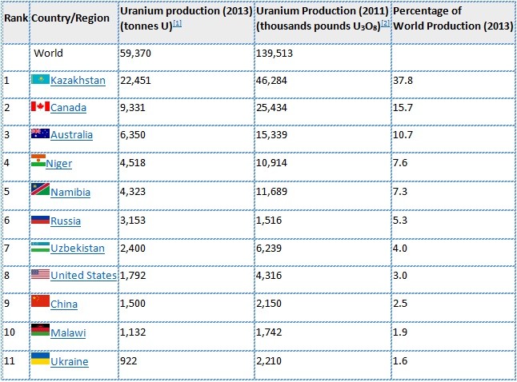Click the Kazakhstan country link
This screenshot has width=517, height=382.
coord(78,80)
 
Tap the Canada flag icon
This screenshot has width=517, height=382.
coord(40,107)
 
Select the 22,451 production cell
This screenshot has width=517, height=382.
coord(137,80)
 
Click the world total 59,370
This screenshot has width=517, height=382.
coord(137,53)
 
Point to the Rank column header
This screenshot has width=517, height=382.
coord(16,17)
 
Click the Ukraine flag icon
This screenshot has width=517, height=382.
coord(40,360)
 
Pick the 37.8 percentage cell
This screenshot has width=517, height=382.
coord(404,80)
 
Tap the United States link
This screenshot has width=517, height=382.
coord(83,276)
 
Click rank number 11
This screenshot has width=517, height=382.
coord(10,361)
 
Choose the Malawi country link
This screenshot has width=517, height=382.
coord(68,332)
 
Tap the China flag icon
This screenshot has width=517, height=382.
coord(40,304)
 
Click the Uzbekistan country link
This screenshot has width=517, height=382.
coord(78,248)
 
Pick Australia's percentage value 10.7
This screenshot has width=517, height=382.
coord(404,135)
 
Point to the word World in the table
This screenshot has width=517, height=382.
coord(48,53)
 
